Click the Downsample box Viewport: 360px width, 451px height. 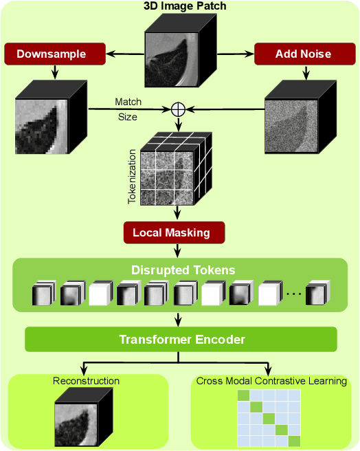55,54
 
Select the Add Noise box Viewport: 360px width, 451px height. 305,54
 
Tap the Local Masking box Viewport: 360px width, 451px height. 175,232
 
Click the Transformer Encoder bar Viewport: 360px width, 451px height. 181,340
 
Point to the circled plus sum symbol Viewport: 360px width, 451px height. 178,109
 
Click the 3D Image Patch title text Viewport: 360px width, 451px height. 185,6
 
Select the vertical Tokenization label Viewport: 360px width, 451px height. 132,177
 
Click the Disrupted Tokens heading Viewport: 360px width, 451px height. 183,270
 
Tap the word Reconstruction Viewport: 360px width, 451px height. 86,381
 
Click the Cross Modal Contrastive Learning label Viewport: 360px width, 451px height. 271,381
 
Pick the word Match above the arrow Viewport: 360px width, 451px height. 128,102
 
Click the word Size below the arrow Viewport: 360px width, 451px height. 128,117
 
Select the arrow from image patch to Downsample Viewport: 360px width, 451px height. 125,54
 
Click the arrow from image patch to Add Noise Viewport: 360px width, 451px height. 236,54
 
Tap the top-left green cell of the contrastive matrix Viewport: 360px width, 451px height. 243,395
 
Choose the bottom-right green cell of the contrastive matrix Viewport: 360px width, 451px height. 295,441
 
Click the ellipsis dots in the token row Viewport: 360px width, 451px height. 294,294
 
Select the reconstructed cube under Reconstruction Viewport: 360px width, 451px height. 84,417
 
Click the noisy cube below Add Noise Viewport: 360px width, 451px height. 300,117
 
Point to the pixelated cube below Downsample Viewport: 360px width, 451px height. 51,117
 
